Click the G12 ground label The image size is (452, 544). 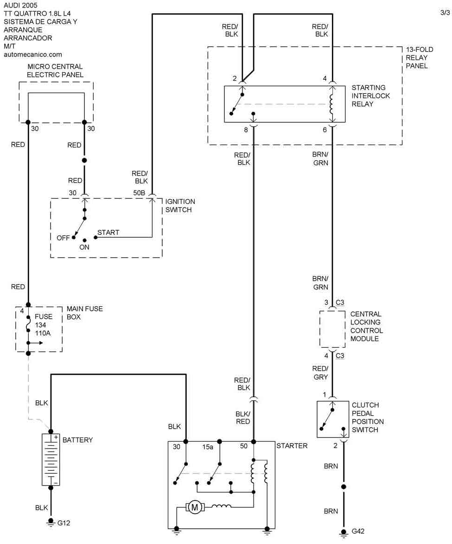point(64,523)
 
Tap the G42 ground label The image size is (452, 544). point(358,531)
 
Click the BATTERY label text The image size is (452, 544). point(77,440)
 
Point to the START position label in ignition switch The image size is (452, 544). point(108,233)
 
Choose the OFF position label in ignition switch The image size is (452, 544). point(63,238)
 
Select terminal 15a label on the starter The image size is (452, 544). point(207,447)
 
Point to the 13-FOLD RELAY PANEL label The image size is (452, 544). point(417,57)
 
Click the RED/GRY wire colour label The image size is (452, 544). point(320,373)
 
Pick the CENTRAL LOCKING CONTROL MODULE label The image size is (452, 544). point(366,326)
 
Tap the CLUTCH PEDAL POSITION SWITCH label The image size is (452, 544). point(368,417)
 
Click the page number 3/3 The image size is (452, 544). point(445,13)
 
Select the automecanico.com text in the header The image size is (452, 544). point(32,54)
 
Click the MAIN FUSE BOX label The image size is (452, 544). point(84,313)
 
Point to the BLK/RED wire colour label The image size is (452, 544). point(243,417)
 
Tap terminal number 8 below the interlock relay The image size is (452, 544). point(246,130)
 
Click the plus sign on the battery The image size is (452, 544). point(56,437)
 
